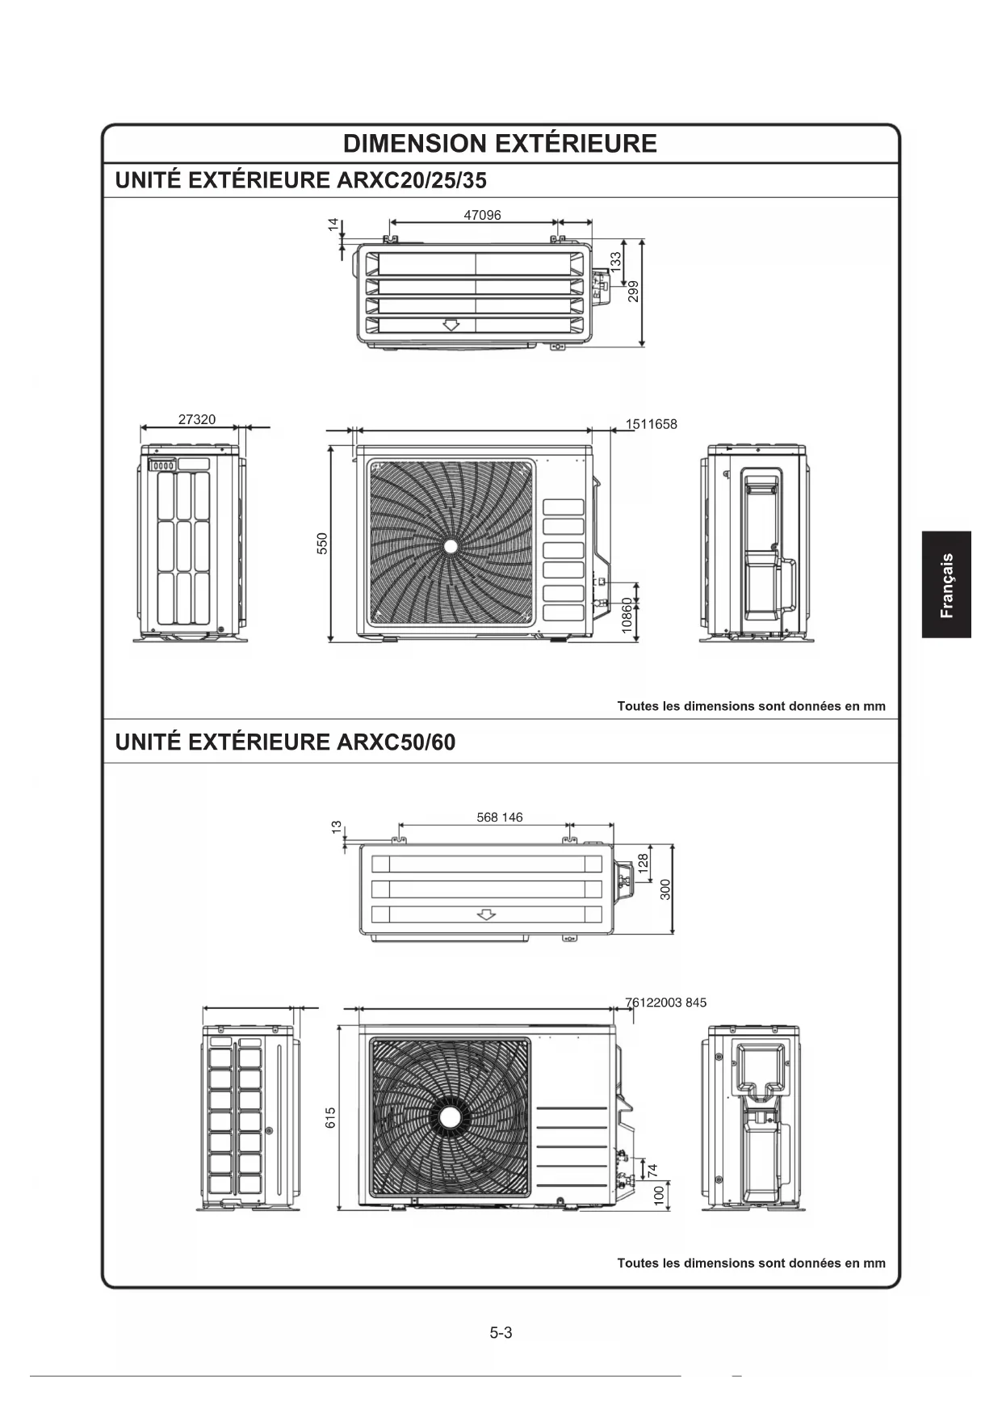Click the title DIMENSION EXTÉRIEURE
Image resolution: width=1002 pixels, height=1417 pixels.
tap(500, 144)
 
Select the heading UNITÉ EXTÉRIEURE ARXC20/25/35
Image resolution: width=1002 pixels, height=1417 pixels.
tap(301, 180)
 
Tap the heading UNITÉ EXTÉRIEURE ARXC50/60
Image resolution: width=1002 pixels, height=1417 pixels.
tap(285, 742)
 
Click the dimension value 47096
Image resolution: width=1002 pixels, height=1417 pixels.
tap(482, 215)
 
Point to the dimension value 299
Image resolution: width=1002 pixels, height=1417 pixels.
tap(634, 291)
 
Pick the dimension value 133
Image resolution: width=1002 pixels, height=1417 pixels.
tap(616, 261)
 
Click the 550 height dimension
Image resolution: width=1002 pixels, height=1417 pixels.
tap(322, 543)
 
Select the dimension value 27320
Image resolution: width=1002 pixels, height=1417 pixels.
tap(197, 419)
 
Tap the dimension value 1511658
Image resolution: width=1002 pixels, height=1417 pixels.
tap(651, 424)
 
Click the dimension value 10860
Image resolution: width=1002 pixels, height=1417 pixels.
tap(627, 616)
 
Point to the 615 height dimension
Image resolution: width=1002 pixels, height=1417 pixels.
tap(330, 1118)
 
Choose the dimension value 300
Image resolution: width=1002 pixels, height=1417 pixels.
tap(666, 889)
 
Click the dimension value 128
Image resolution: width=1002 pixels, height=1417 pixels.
tap(644, 862)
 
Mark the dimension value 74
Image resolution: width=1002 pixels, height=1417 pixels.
tap(653, 1169)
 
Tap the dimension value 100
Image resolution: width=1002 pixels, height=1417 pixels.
tap(659, 1196)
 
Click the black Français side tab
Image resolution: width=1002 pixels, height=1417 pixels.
tap(946, 584)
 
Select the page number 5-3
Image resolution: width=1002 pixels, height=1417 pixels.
tap(501, 1333)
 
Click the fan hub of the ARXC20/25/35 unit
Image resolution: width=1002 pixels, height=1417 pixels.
tap(451, 546)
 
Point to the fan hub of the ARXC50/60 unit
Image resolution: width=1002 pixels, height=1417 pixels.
tap(450, 1118)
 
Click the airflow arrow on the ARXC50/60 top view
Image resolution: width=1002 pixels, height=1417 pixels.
tap(486, 915)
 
